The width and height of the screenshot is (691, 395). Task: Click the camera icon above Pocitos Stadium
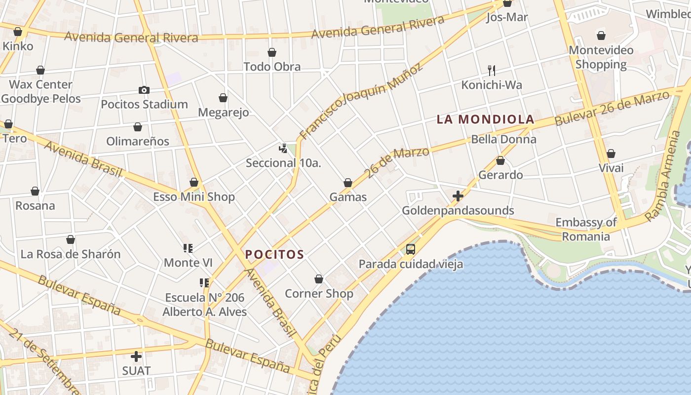144,90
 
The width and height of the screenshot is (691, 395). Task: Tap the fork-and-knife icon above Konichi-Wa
491,70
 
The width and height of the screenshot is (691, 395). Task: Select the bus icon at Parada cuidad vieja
410,249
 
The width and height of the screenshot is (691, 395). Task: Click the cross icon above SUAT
136,356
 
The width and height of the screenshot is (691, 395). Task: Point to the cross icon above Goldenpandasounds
458,196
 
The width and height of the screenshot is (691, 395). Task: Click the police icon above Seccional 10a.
283,148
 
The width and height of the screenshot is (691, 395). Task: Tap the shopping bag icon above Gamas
348,183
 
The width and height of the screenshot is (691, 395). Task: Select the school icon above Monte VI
188,248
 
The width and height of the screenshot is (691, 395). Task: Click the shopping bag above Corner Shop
319,279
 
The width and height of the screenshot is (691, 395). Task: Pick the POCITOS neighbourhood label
274,255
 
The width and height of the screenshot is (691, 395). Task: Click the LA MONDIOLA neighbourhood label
485,119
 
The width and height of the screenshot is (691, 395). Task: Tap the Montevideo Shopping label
601,57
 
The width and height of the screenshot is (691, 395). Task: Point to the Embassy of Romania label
586,229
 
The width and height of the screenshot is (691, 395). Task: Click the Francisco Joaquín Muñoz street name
361,101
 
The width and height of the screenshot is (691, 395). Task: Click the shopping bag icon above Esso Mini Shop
194,183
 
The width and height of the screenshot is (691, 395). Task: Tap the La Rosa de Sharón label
71,254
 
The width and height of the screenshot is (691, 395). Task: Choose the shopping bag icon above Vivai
611,154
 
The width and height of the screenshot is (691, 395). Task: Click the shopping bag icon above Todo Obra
272,52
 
